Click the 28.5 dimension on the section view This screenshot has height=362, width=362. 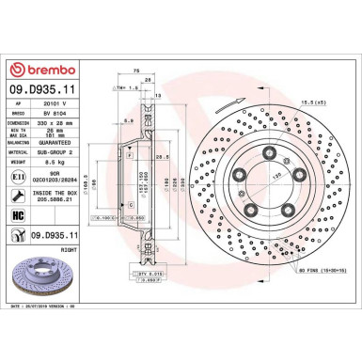click(162, 156)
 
